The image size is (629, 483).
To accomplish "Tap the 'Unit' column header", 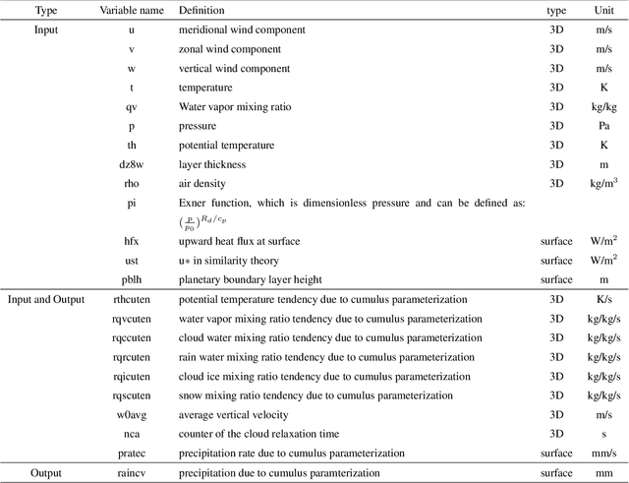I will point(603,10).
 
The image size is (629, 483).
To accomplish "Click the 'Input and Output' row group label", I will point(46,299).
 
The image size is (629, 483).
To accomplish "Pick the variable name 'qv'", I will point(131,106).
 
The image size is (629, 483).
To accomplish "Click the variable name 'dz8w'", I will point(131,164).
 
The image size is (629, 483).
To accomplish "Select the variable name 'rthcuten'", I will point(131,299).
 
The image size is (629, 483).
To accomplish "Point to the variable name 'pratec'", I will point(131,453).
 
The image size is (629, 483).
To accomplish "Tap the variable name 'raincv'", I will point(131,473).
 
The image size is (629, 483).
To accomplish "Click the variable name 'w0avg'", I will point(131,414).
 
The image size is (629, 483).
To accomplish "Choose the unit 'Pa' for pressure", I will point(603,126).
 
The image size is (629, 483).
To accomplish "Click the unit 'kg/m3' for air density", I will point(603,183).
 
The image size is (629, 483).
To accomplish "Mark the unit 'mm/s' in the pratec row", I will point(603,453).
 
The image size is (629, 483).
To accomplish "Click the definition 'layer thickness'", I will point(212,164).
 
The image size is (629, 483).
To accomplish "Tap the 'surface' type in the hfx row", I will point(556,241).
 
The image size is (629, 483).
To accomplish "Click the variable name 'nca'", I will point(131,434).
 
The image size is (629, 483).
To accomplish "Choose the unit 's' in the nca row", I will point(603,434).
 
